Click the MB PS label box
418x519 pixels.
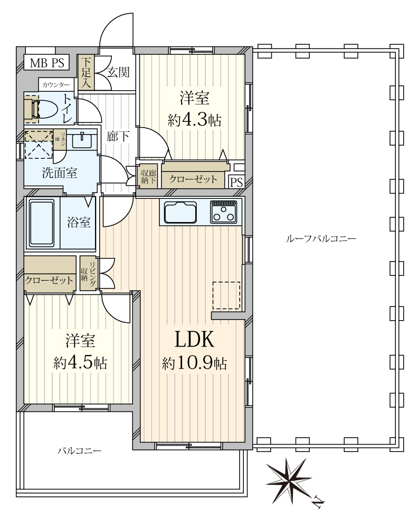(x=46, y=62)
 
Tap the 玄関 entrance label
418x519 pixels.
(x=118, y=72)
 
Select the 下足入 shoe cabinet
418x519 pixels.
(x=86, y=72)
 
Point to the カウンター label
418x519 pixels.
(x=55, y=85)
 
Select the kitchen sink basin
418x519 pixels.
(x=180, y=212)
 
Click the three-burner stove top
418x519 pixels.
(x=223, y=212)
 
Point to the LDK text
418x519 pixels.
(x=194, y=339)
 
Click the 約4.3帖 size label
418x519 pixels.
(x=194, y=120)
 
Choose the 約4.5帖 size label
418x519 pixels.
(x=80, y=363)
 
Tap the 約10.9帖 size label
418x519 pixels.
(x=194, y=363)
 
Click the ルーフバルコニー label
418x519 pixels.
(x=320, y=238)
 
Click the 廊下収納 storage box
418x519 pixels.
(x=148, y=176)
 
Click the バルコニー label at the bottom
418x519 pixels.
(x=80, y=451)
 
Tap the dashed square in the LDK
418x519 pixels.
(x=226, y=295)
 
